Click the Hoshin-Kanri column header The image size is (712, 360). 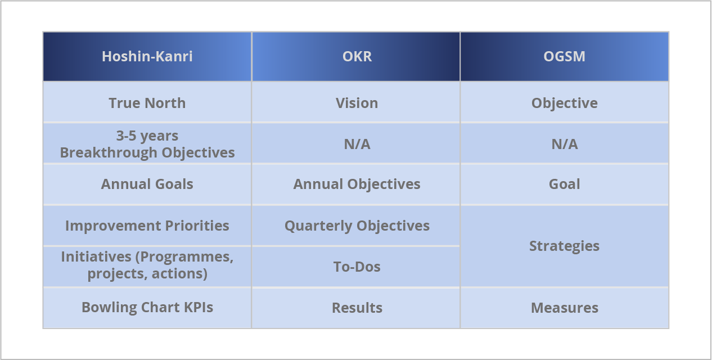(x=147, y=57)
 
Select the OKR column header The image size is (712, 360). (x=357, y=57)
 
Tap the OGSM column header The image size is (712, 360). (x=565, y=57)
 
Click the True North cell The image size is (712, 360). (x=147, y=103)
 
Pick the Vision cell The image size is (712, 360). (x=357, y=103)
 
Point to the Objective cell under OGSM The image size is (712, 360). (x=565, y=103)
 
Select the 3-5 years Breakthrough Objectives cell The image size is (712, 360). (x=147, y=144)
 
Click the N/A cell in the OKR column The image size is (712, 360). (x=357, y=144)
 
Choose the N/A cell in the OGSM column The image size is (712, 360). (x=565, y=144)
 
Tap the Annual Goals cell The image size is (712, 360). (x=147, y=184)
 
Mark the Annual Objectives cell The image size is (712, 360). (x=357, y=184)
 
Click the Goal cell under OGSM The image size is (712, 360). (x=565, y=184)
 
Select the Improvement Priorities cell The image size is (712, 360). (x=147, y=226)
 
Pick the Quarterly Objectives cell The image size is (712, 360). (x=357, y=226)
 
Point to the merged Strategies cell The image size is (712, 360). (x=565, y=246)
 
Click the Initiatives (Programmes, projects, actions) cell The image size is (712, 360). (x=147, y=265)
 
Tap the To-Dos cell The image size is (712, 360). (x=357, y=266)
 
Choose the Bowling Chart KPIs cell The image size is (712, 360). (x=147, y=307)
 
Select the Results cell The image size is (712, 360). (x=357, y=308)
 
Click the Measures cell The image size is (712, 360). (x=565, y=308)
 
